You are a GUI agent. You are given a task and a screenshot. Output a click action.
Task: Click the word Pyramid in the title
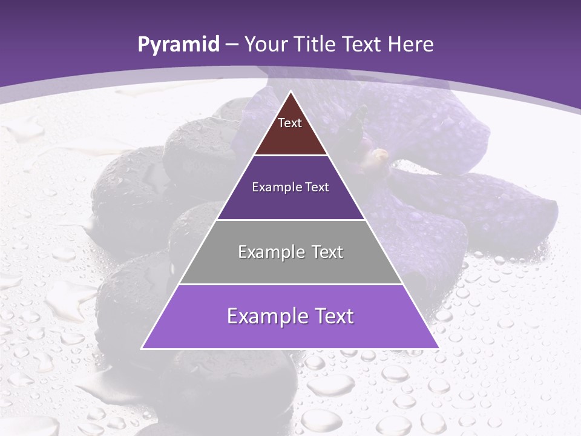[x=178, y=45]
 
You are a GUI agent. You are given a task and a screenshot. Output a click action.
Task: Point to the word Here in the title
[x=411, y=44]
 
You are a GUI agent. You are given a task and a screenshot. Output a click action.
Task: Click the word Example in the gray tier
[x=265, y=252]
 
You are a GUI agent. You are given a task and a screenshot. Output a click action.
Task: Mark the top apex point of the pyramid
[x=290, y=91]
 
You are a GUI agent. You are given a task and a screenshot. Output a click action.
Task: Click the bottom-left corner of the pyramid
[x=142, y=348]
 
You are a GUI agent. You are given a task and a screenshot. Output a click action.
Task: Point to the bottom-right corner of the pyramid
[x=439, y=348]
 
